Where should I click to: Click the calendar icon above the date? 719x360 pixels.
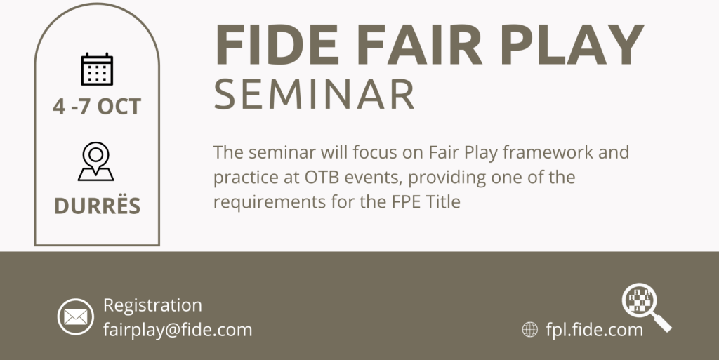pos(97,69)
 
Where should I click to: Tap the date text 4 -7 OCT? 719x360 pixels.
pos(97,107)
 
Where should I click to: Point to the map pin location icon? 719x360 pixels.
pos(95,161)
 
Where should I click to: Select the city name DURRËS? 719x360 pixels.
pos(97,205)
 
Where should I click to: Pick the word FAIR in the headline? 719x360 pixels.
pos(420,44)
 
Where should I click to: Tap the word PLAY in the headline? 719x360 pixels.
pos(572,44)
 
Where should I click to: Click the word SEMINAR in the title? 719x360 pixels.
pos(315,94)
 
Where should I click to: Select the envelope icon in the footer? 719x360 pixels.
pos(76,316)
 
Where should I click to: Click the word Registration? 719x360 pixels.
pos(152,305)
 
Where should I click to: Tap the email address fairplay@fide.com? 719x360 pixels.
pos(178,330)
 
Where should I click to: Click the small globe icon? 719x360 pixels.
pos(530,329)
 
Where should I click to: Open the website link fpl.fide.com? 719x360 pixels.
pos(594,330)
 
